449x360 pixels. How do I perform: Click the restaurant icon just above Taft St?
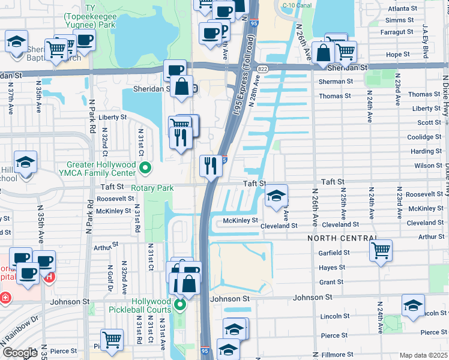pyautogui.click(x=211, y=165)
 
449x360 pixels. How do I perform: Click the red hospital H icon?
pyautogui.click(x=50, y=278)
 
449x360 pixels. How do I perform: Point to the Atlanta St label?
pyautogui.click(x=402, y=9)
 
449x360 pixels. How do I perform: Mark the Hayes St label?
pyautogui.click(x=332, y=268)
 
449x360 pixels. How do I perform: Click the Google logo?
pyautogui.click(x=19, y=353)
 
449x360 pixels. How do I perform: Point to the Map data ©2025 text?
pyautogui.click(x=423, y=355)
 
